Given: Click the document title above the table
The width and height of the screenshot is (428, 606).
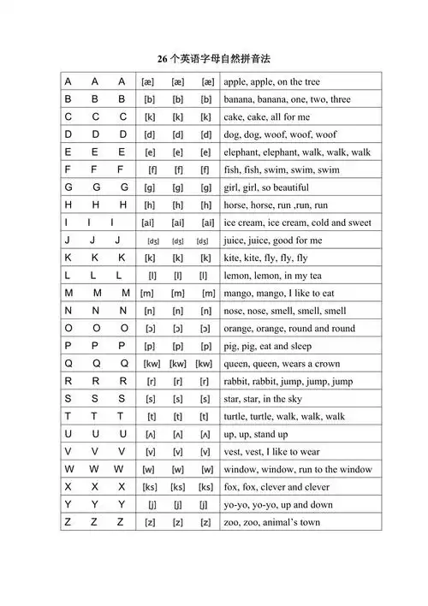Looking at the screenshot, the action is pyautogui.click(x=219, y=59).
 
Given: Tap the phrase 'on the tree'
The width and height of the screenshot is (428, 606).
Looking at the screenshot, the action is pyautogui.click(x=297, y=82).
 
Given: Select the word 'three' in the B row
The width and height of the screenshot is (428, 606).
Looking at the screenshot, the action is pyautogui.click(x=336, y=99).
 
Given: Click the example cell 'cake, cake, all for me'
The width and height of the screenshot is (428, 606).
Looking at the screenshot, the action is pyautogui.click(x=267, y=117).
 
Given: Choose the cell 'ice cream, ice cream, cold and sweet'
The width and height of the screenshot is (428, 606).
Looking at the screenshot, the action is pyautogui.click(x=298, y=223).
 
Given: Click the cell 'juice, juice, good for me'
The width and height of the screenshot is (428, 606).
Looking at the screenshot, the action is pyautogui.click(x=273, y=241).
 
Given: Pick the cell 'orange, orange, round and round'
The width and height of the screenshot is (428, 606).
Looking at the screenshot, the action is pyautogui.click(x=289, y=329).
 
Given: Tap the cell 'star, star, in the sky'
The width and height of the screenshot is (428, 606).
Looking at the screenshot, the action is pyautogui.click(x=265, y=399).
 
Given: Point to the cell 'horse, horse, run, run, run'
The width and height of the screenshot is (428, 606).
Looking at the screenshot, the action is pyautogui.click(x=275, y=205).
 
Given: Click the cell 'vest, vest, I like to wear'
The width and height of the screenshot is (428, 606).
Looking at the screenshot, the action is pyautogui.click(x=271, y=452).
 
